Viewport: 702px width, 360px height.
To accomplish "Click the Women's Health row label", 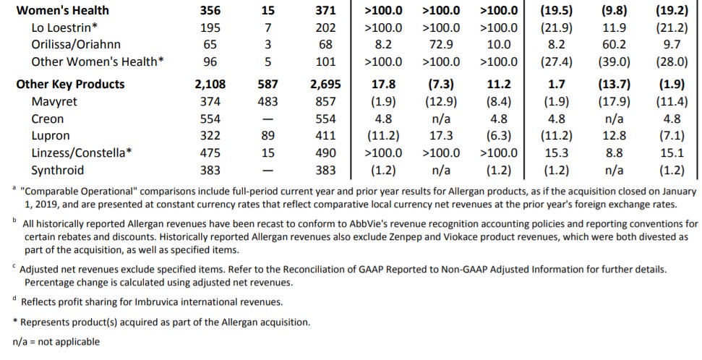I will [62, 10].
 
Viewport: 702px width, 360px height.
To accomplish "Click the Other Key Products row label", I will [70, 84].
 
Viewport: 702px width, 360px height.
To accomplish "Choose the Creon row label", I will [48, 119].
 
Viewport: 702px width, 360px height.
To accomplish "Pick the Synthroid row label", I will [58, 171].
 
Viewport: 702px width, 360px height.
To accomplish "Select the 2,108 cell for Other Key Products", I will [210, 84].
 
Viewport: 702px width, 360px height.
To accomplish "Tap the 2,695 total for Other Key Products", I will [325, 84].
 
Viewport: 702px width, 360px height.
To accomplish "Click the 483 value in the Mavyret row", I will [267, 101].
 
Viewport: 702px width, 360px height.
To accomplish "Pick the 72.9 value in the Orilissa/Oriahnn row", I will [441, 45].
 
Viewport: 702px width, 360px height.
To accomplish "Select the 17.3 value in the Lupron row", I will [441, 136].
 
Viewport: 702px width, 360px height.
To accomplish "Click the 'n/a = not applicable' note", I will [56, 341].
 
